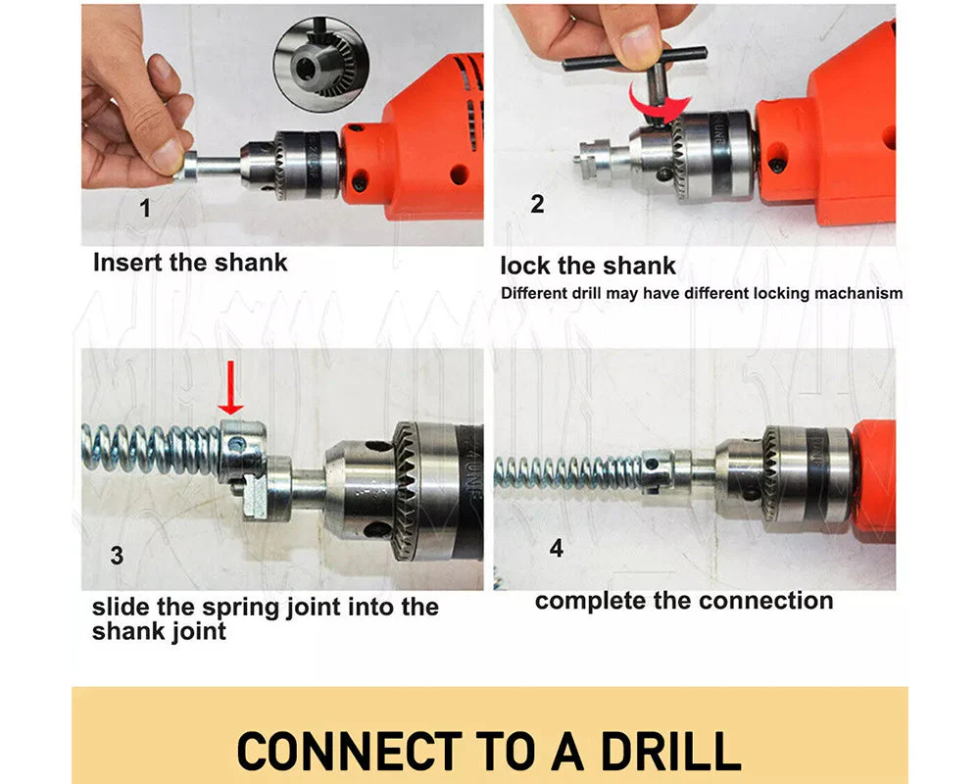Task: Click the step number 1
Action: click(x=145, y=208)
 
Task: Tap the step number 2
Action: click(x=537, y=205)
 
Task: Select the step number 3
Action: click(x=117, y=556)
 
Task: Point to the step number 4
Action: click(x=557, y=548)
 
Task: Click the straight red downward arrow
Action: click(x=230, y=388)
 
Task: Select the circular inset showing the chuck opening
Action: click(x=322, y=65)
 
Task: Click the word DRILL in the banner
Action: click(x=670, y=751)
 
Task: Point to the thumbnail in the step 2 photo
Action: click(x=639, y=42)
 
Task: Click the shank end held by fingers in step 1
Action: click(x=189, y=167)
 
